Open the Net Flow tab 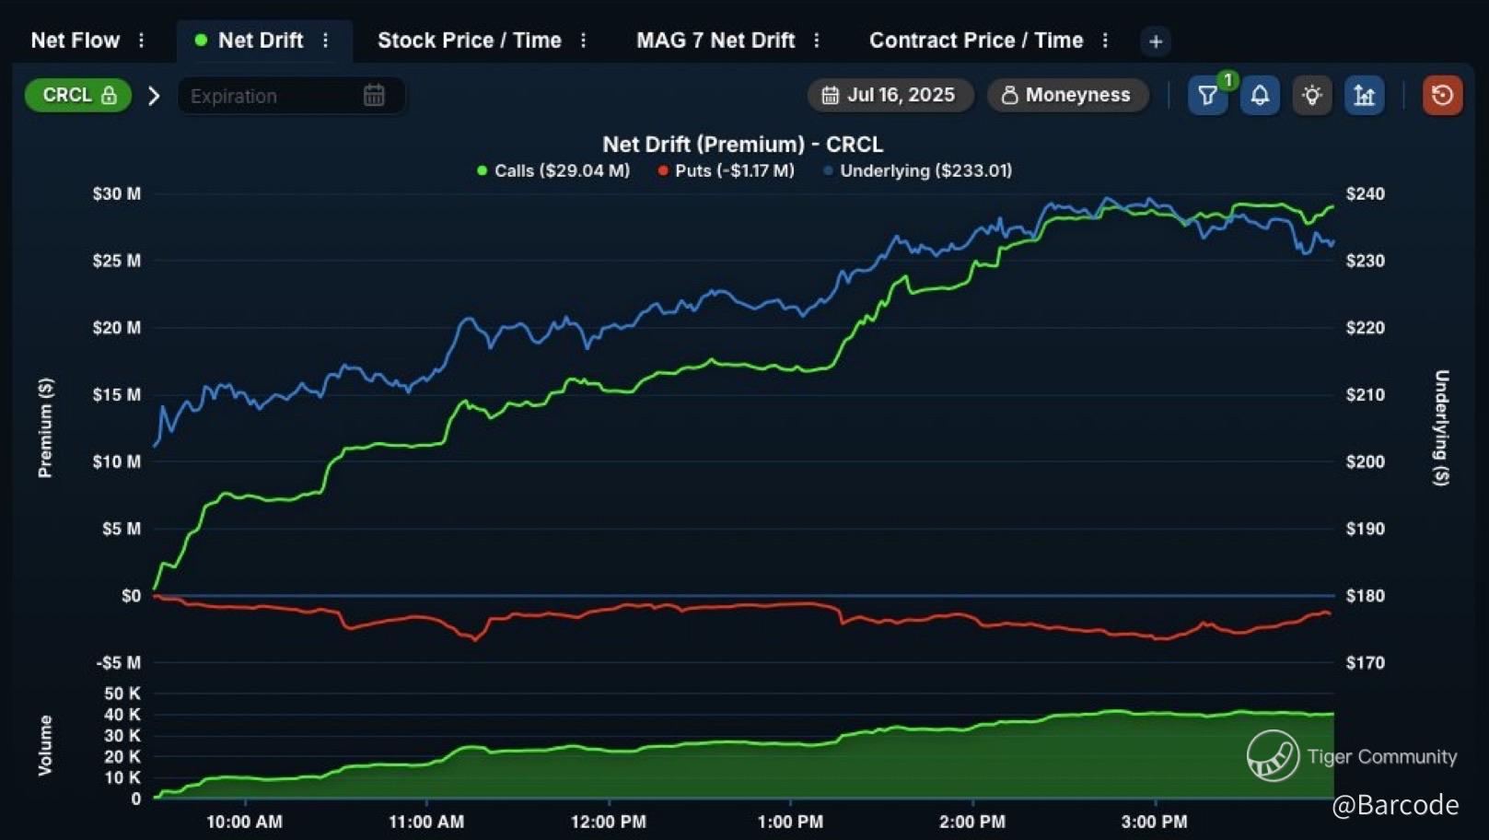[75, 41]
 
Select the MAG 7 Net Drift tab [715, 41]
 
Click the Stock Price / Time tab [469, 41]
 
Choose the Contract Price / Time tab [975, 41]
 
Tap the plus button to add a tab [1156, 41]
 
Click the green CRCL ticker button [78, 95]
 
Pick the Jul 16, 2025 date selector [890, 95]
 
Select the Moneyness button [1066, 95]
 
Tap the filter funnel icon [1206, 95]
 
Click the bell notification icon [1260, 95]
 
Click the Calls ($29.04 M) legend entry [553, 170]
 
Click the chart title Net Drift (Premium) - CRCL [742, 145]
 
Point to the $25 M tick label [117, 261]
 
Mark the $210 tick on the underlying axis [1365, 394]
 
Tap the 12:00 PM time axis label [608, 822]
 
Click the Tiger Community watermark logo [1273, 755]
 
